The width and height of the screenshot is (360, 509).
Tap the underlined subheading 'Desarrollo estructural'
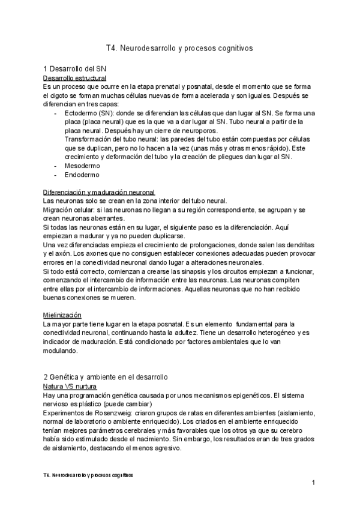point(75,78)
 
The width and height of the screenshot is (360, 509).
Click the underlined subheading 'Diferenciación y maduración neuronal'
point(100,191)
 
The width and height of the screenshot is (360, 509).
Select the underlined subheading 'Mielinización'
point(62,315)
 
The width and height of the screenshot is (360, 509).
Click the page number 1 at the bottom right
point(313,483)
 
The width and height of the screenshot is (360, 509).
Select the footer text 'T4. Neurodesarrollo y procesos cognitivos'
point(88,474)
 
